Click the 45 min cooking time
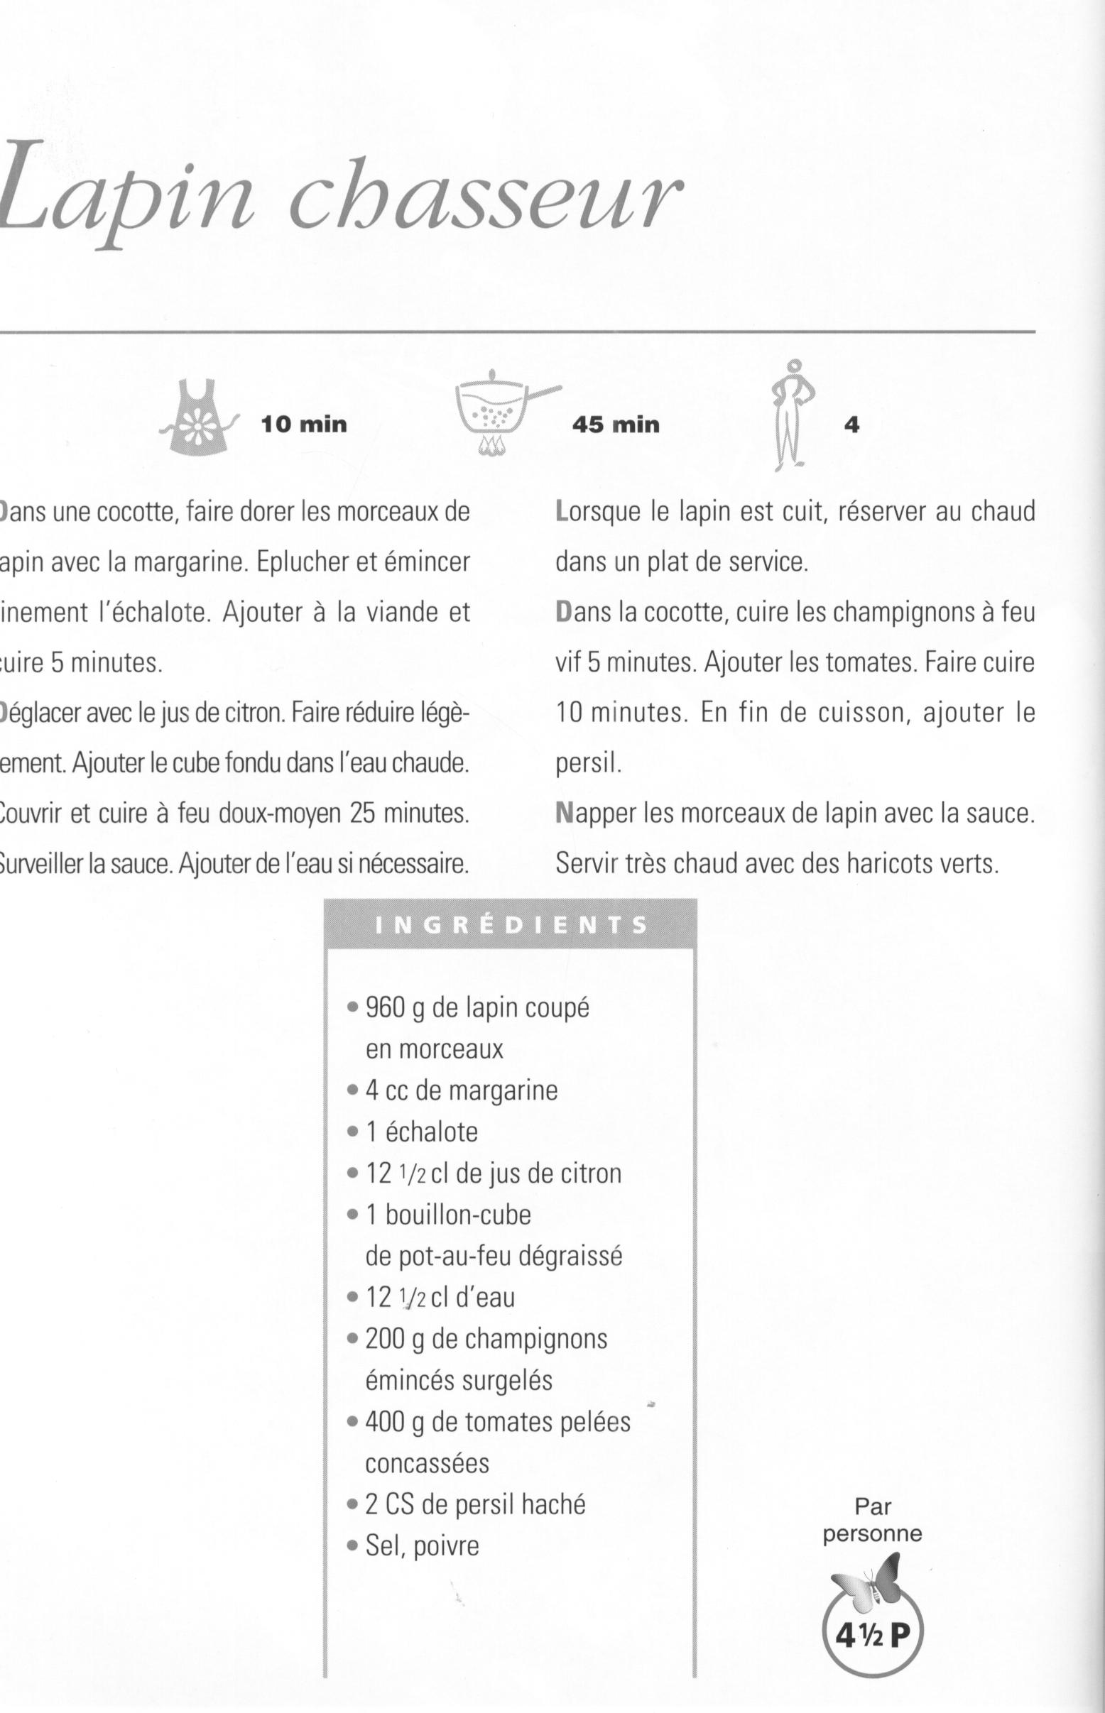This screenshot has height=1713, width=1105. coord(615,425)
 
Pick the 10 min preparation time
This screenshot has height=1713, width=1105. coord(303,425)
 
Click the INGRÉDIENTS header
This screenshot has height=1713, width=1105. coord(511,924)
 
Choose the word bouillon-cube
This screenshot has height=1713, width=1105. coord(458,1215)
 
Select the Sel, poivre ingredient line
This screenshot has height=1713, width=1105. coord(421,1546)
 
